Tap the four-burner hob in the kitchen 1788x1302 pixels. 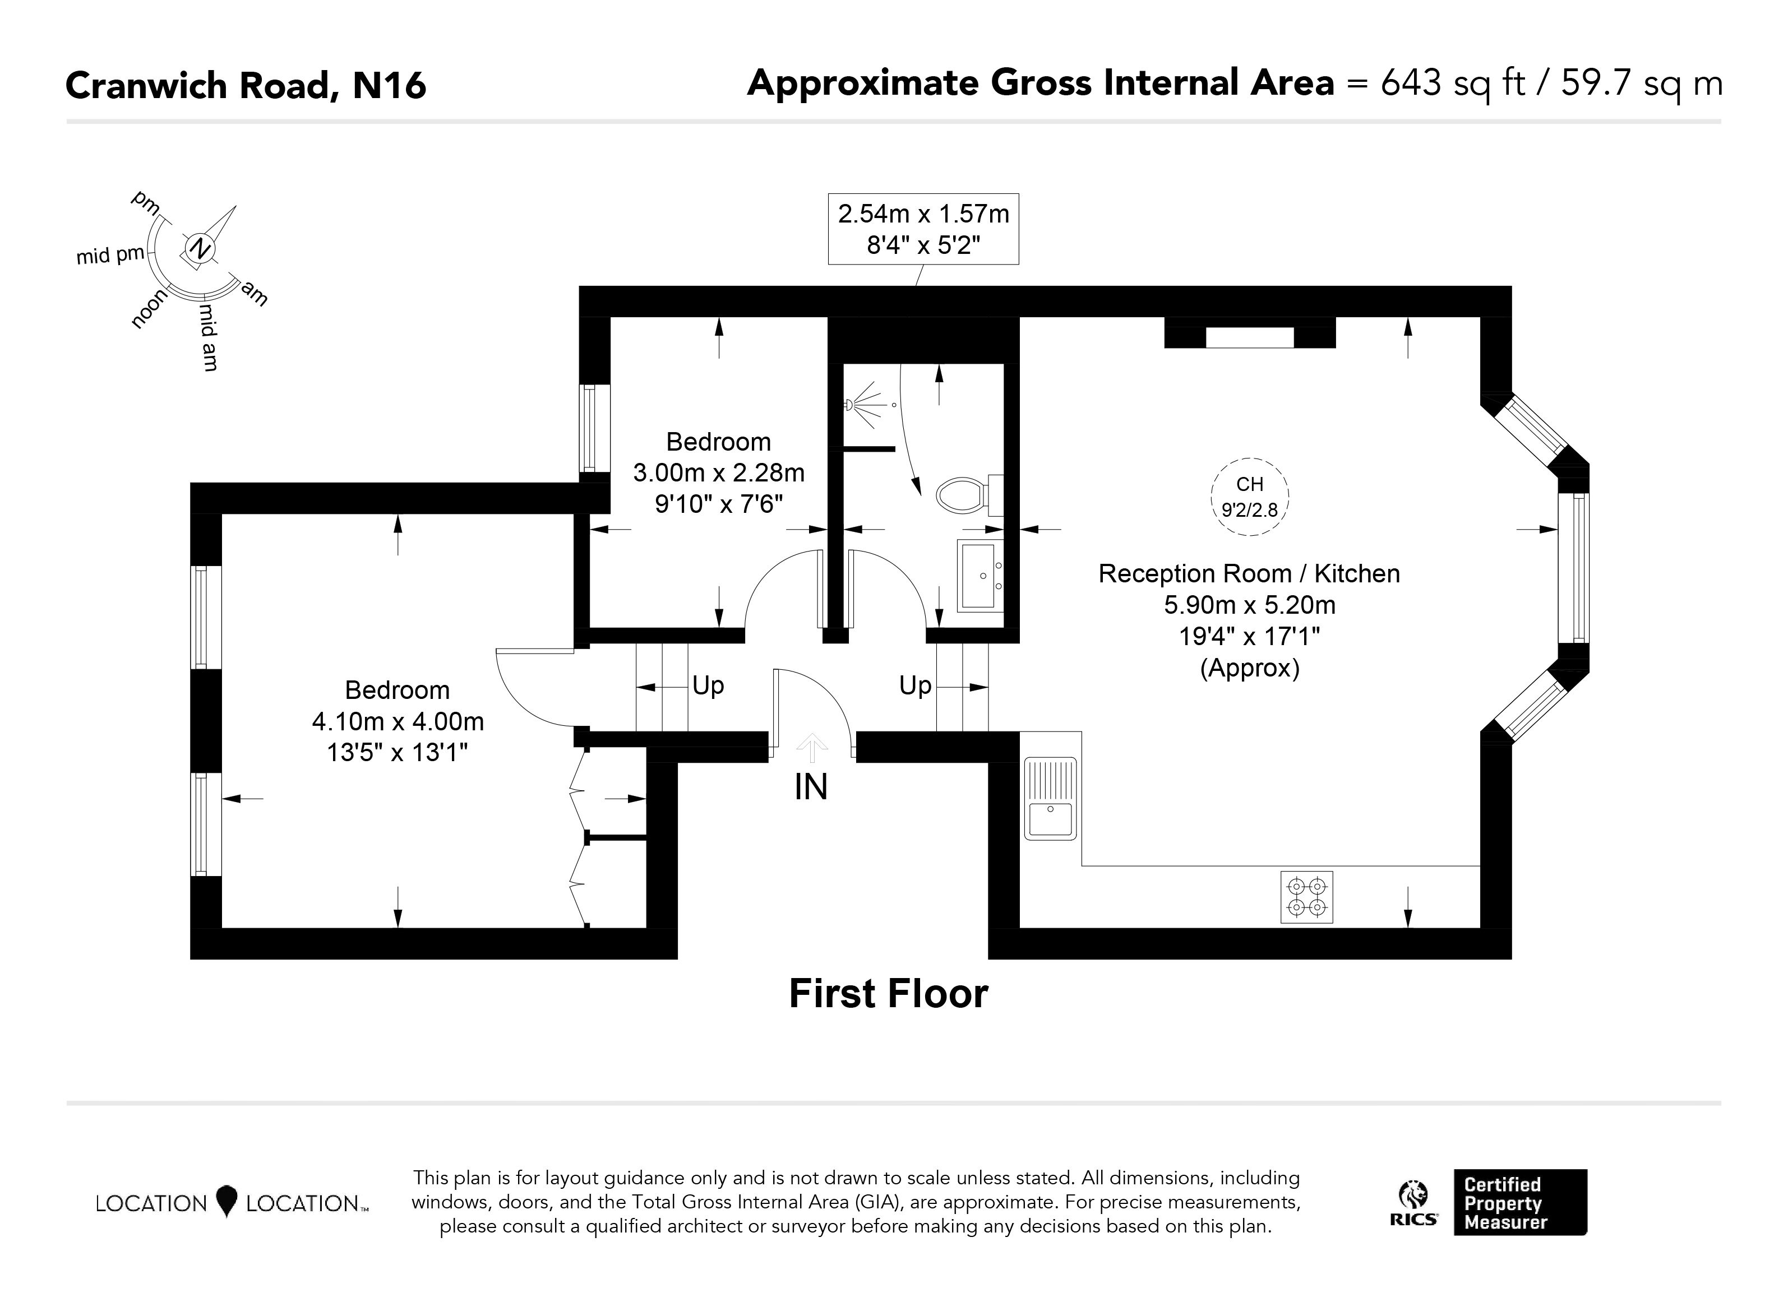pyautogui.click(x=1306, y=897)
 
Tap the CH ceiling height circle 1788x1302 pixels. pyautogui.click(x=1250, y=497)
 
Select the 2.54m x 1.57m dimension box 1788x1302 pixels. pyautogui.click(x=923, y=229)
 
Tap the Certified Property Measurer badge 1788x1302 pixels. pyautogui.click(x=1520, y=1202)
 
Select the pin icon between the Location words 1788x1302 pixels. pyautogui.click(x=227, y=1201)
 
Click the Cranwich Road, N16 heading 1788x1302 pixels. pyautogui.click(x=246, y=85)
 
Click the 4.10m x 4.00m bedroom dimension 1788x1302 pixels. pyautogui.click(x=398, y=721)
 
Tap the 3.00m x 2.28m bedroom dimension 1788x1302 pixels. pyautogui.click(x=719, y=473)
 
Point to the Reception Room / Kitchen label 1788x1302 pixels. pyautogui.click(x=1250, y=574)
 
